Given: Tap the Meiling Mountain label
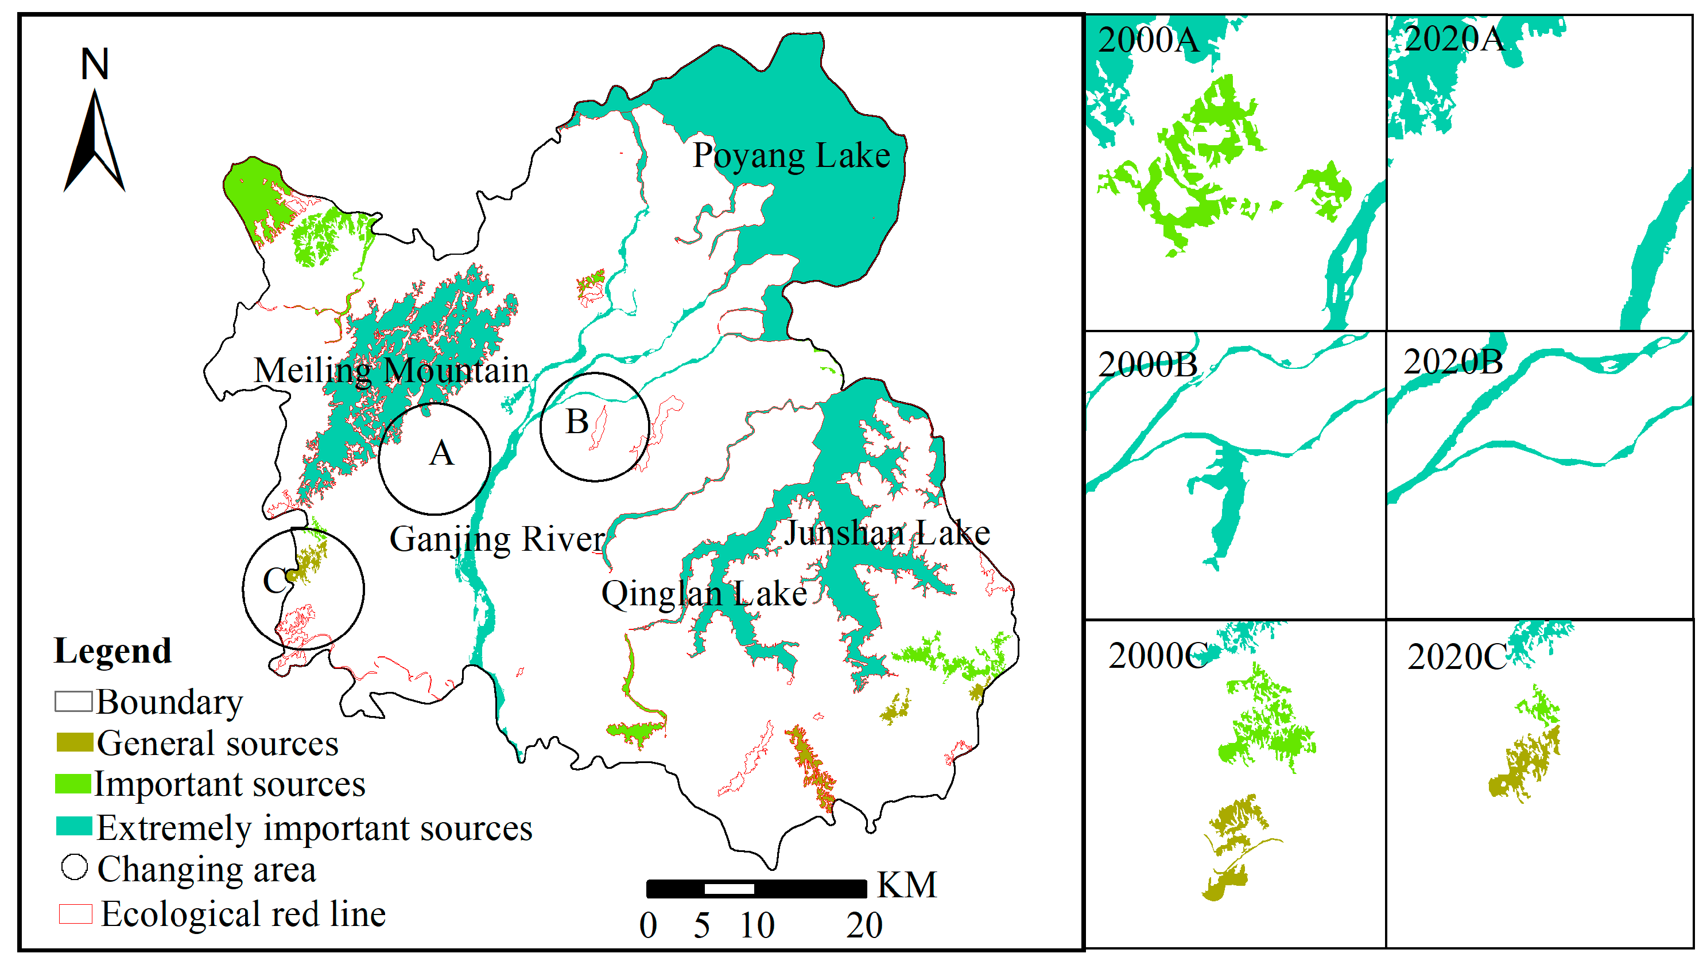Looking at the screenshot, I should coord(391,370).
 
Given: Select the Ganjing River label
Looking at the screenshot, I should coord(496,539).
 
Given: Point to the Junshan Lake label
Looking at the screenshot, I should coord(886,533).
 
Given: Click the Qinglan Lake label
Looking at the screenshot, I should coord(704,593).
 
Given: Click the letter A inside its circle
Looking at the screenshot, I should coord(441,454).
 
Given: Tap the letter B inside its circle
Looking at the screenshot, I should coord(577,422).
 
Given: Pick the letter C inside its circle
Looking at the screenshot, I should coord(274,581).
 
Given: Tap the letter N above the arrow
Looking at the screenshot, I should coord(95,64).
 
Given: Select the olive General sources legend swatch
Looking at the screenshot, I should coord(74,742).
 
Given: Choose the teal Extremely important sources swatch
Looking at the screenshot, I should coord(73,826).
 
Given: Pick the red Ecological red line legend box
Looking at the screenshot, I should coord(75,914).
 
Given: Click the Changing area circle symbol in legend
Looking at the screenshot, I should coord(74,867).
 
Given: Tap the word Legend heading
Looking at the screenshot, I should coord(113,651).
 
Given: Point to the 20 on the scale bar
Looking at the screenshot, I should coord(864,925).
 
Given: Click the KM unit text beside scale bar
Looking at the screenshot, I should coord(906,885).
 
